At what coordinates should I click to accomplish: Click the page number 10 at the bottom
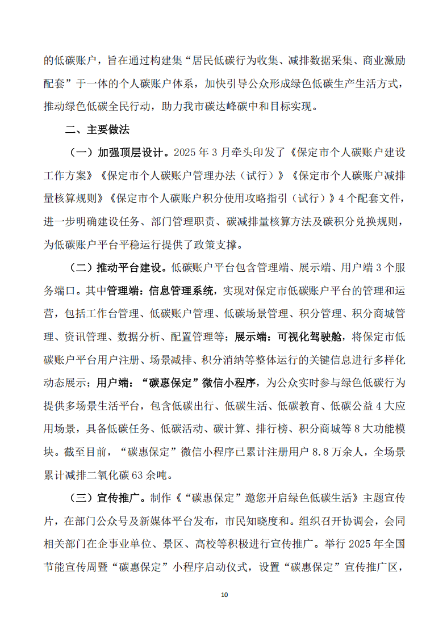click(x=224, y=595)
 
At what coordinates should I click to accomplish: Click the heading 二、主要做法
click(x=97, y=129)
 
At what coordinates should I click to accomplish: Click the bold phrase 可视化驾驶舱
click(x=310, y=337)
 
